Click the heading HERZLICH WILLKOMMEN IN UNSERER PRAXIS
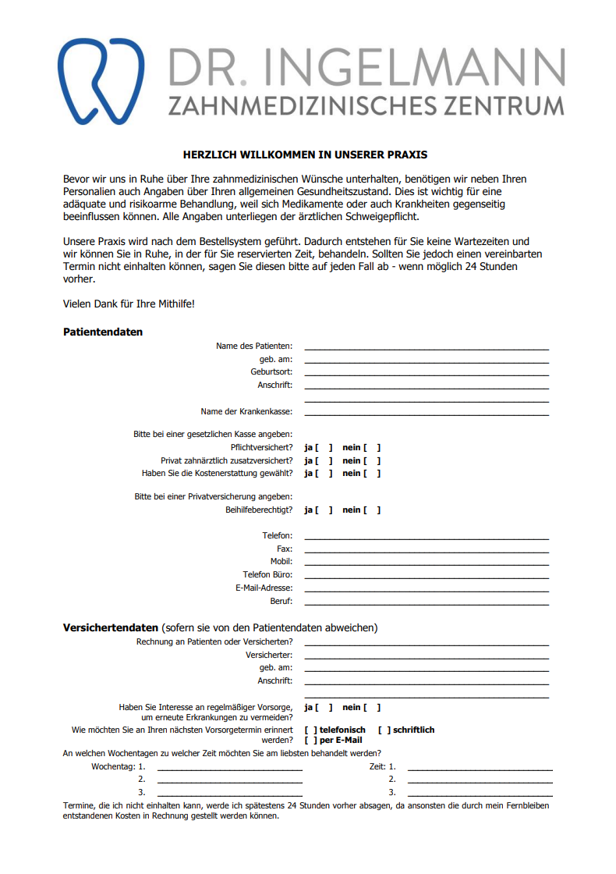pyautogui.click(x=305, y=155)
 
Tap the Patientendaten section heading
pyautogui.click(x=103, y=332)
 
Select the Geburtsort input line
pyautogui.click(x=426, y=372)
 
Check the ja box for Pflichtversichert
pyautogui.click(x=324, y=448)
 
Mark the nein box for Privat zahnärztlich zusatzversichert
pyautogui.click(x=372, y=461)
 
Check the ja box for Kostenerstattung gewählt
pyautogui.click(x=324, y=474)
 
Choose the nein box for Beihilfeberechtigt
pyautogui.click(x=372, y=510)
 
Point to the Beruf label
pyautogui.click(x=281, y=602)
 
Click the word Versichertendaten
pyautogui.click(x=111, y=628)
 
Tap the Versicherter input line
pyautogui.click(x=426, y=655)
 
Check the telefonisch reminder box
pyautogui.click(x=310, y=730)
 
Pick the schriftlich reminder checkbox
pyautogui.click(x=384, y=730)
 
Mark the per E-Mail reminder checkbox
pyautogui.click(x=310, y=741)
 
